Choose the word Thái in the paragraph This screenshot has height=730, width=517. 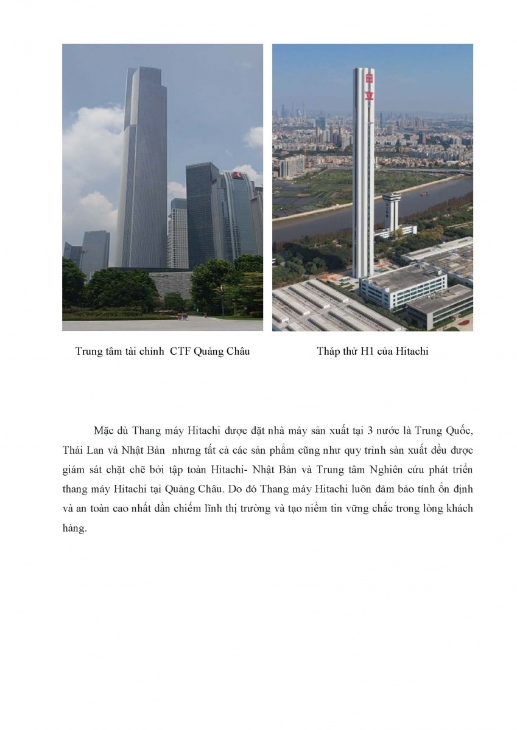(x=73, y=450)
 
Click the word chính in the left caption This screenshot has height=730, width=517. (x=153, y=352)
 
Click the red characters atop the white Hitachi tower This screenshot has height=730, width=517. (x=368, y=86)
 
